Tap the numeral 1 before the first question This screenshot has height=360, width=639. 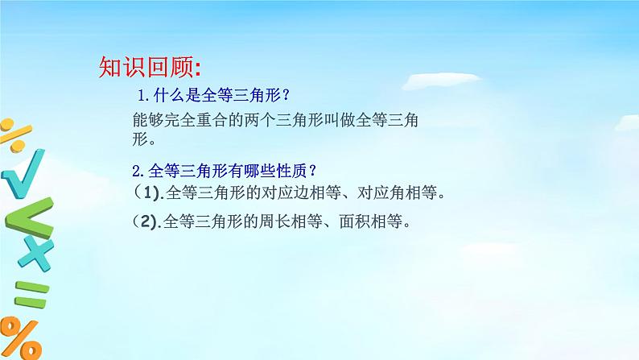point(142,95)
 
